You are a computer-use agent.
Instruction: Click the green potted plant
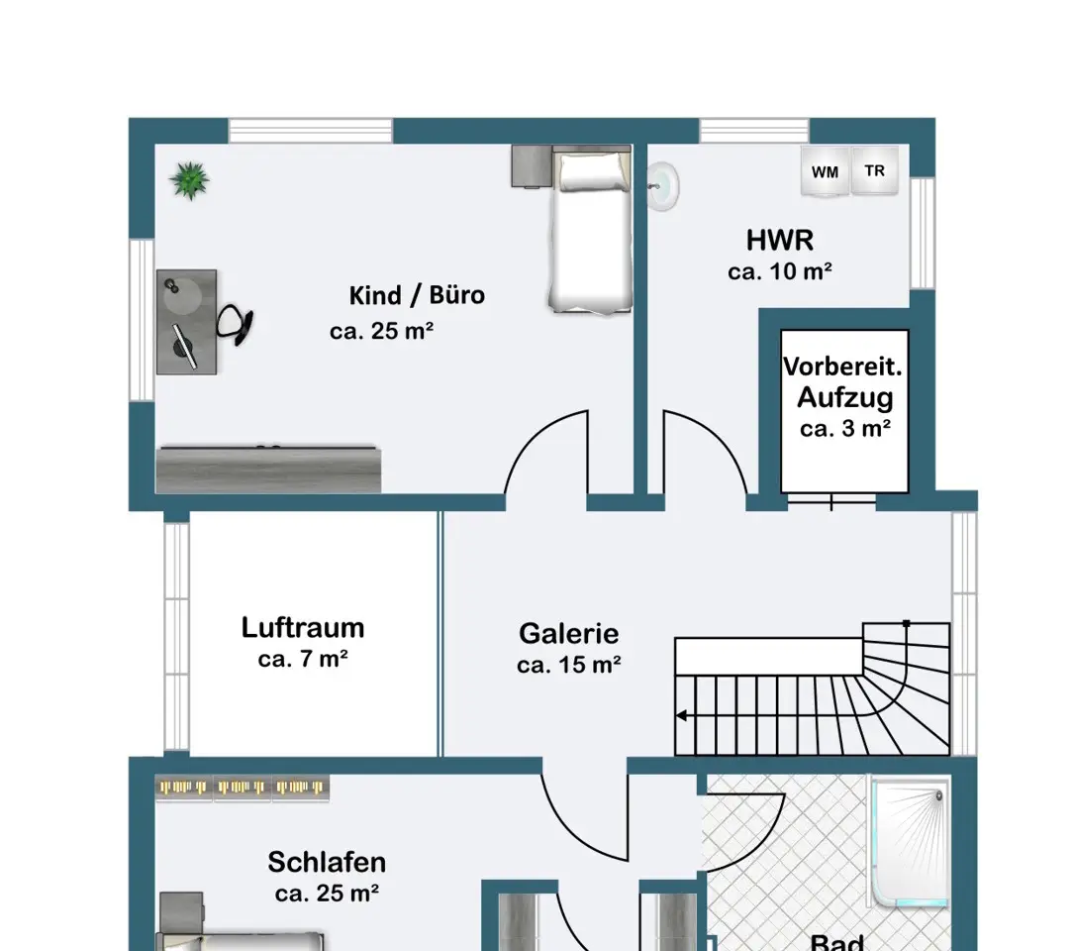click(189, 180)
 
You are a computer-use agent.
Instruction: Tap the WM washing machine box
click(826, 171)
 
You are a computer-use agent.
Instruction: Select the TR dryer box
click(875, 170)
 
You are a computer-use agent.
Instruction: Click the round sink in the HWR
click(663, 185)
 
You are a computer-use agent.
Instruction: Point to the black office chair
click(236, 324)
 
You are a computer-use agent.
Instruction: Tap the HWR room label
click(780, 241)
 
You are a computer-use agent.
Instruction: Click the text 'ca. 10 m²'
click(780, 271)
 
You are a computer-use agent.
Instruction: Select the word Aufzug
click(845, 398)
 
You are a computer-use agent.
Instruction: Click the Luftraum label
click(303, 628)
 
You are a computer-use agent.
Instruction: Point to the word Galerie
click(568, 633)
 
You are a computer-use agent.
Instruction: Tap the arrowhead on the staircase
click(682, 715)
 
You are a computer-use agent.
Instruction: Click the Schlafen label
click(327, 862)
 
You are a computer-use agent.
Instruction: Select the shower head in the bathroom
click(938, 796)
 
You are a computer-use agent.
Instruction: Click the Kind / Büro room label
click(417, 295)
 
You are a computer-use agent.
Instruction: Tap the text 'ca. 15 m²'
click(568, 665)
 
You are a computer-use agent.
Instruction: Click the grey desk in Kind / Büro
click(187, 322)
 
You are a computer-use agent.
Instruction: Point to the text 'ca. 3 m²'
click(845, 429)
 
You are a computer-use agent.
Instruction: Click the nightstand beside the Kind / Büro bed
click(532, 165)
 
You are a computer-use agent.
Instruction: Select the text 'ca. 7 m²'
click(303, 659)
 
